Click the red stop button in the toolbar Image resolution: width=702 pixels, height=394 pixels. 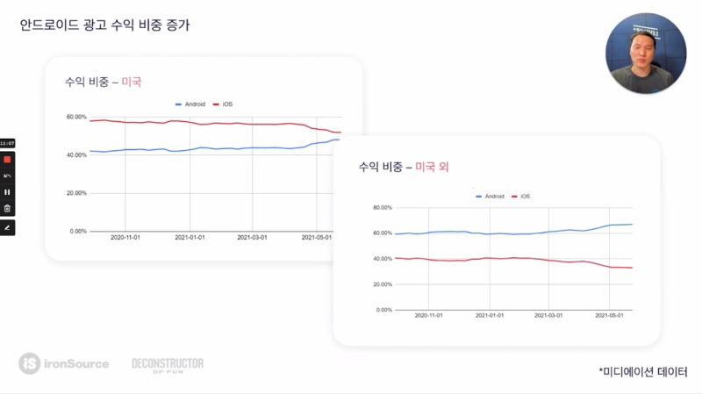coord(7,160)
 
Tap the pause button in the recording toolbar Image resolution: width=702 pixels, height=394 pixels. coord(7,191)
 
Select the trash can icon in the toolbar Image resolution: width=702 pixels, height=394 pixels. coord(7,208)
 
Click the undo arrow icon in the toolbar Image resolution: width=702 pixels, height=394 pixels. coord(7,176)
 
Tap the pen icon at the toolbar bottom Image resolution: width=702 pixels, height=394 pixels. coord(7,227)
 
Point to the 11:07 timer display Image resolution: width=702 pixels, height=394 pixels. coord(7,143)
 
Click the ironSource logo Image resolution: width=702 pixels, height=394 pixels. coord(64,362)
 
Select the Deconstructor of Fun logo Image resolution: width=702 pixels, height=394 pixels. coord(167,363)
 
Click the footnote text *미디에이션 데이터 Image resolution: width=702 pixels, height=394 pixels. coord(643,372)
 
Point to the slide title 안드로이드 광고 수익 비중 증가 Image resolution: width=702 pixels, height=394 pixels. coord(104,25)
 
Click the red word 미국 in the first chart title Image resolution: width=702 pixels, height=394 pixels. coord(131,82)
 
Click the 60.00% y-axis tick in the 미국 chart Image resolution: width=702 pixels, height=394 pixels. coord(76,117)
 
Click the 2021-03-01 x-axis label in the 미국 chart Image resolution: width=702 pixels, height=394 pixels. coord(253,237)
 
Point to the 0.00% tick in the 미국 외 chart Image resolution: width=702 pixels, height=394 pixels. coord(383,310)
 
